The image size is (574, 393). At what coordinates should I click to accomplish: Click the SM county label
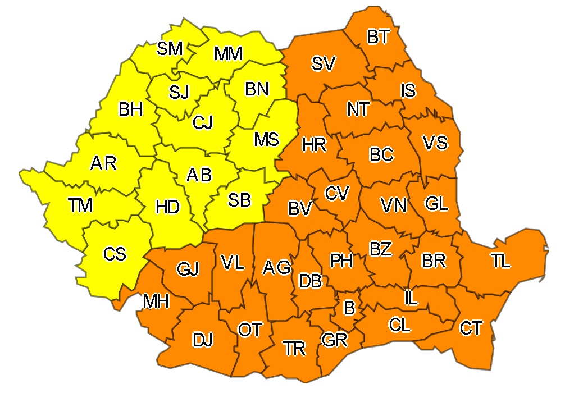pyautogui.click(x=170, y=49)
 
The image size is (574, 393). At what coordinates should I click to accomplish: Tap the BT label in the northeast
pyautogui.click(x=379, y=38)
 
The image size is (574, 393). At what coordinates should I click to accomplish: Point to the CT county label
pyautogui.click(x=470, y=327)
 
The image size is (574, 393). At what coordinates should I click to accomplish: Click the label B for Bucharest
pyautogui.click(x=349, y=308)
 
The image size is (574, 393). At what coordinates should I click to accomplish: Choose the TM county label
pyautogui.click(x=81, y=206)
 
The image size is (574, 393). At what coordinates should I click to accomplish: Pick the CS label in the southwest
pyautogui.click(x=115, y=254)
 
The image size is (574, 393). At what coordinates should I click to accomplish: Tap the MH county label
pyautogui.click(x=156, y=301)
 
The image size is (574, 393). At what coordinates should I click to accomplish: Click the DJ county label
pyautogui.click(x=203, y=340)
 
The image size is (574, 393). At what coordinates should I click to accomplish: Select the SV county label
pyautogui.click(x=324, y=64)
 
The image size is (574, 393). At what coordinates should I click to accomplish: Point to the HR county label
pyautogui.click(x=314, y=145)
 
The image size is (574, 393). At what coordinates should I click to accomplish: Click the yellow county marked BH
pyautogui.click(x=130, y=109)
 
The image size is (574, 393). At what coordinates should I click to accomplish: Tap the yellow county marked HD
pyautogui.click(x=167, y=207)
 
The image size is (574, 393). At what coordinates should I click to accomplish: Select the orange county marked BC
pyautogui.click(x=381, y=154)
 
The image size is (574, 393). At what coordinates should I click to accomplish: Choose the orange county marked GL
pyautogui.click(x=436, y=204)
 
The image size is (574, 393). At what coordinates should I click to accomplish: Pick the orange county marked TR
pyautogui.click(x=294, y=349)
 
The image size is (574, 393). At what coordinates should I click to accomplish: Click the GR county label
pyautogui.click(x=335, y=340)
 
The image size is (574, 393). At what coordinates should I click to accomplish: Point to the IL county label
pyautogui.click(x=411, y=298)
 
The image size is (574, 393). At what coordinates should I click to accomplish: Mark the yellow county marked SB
pyautogui.click(x=239, y=200)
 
